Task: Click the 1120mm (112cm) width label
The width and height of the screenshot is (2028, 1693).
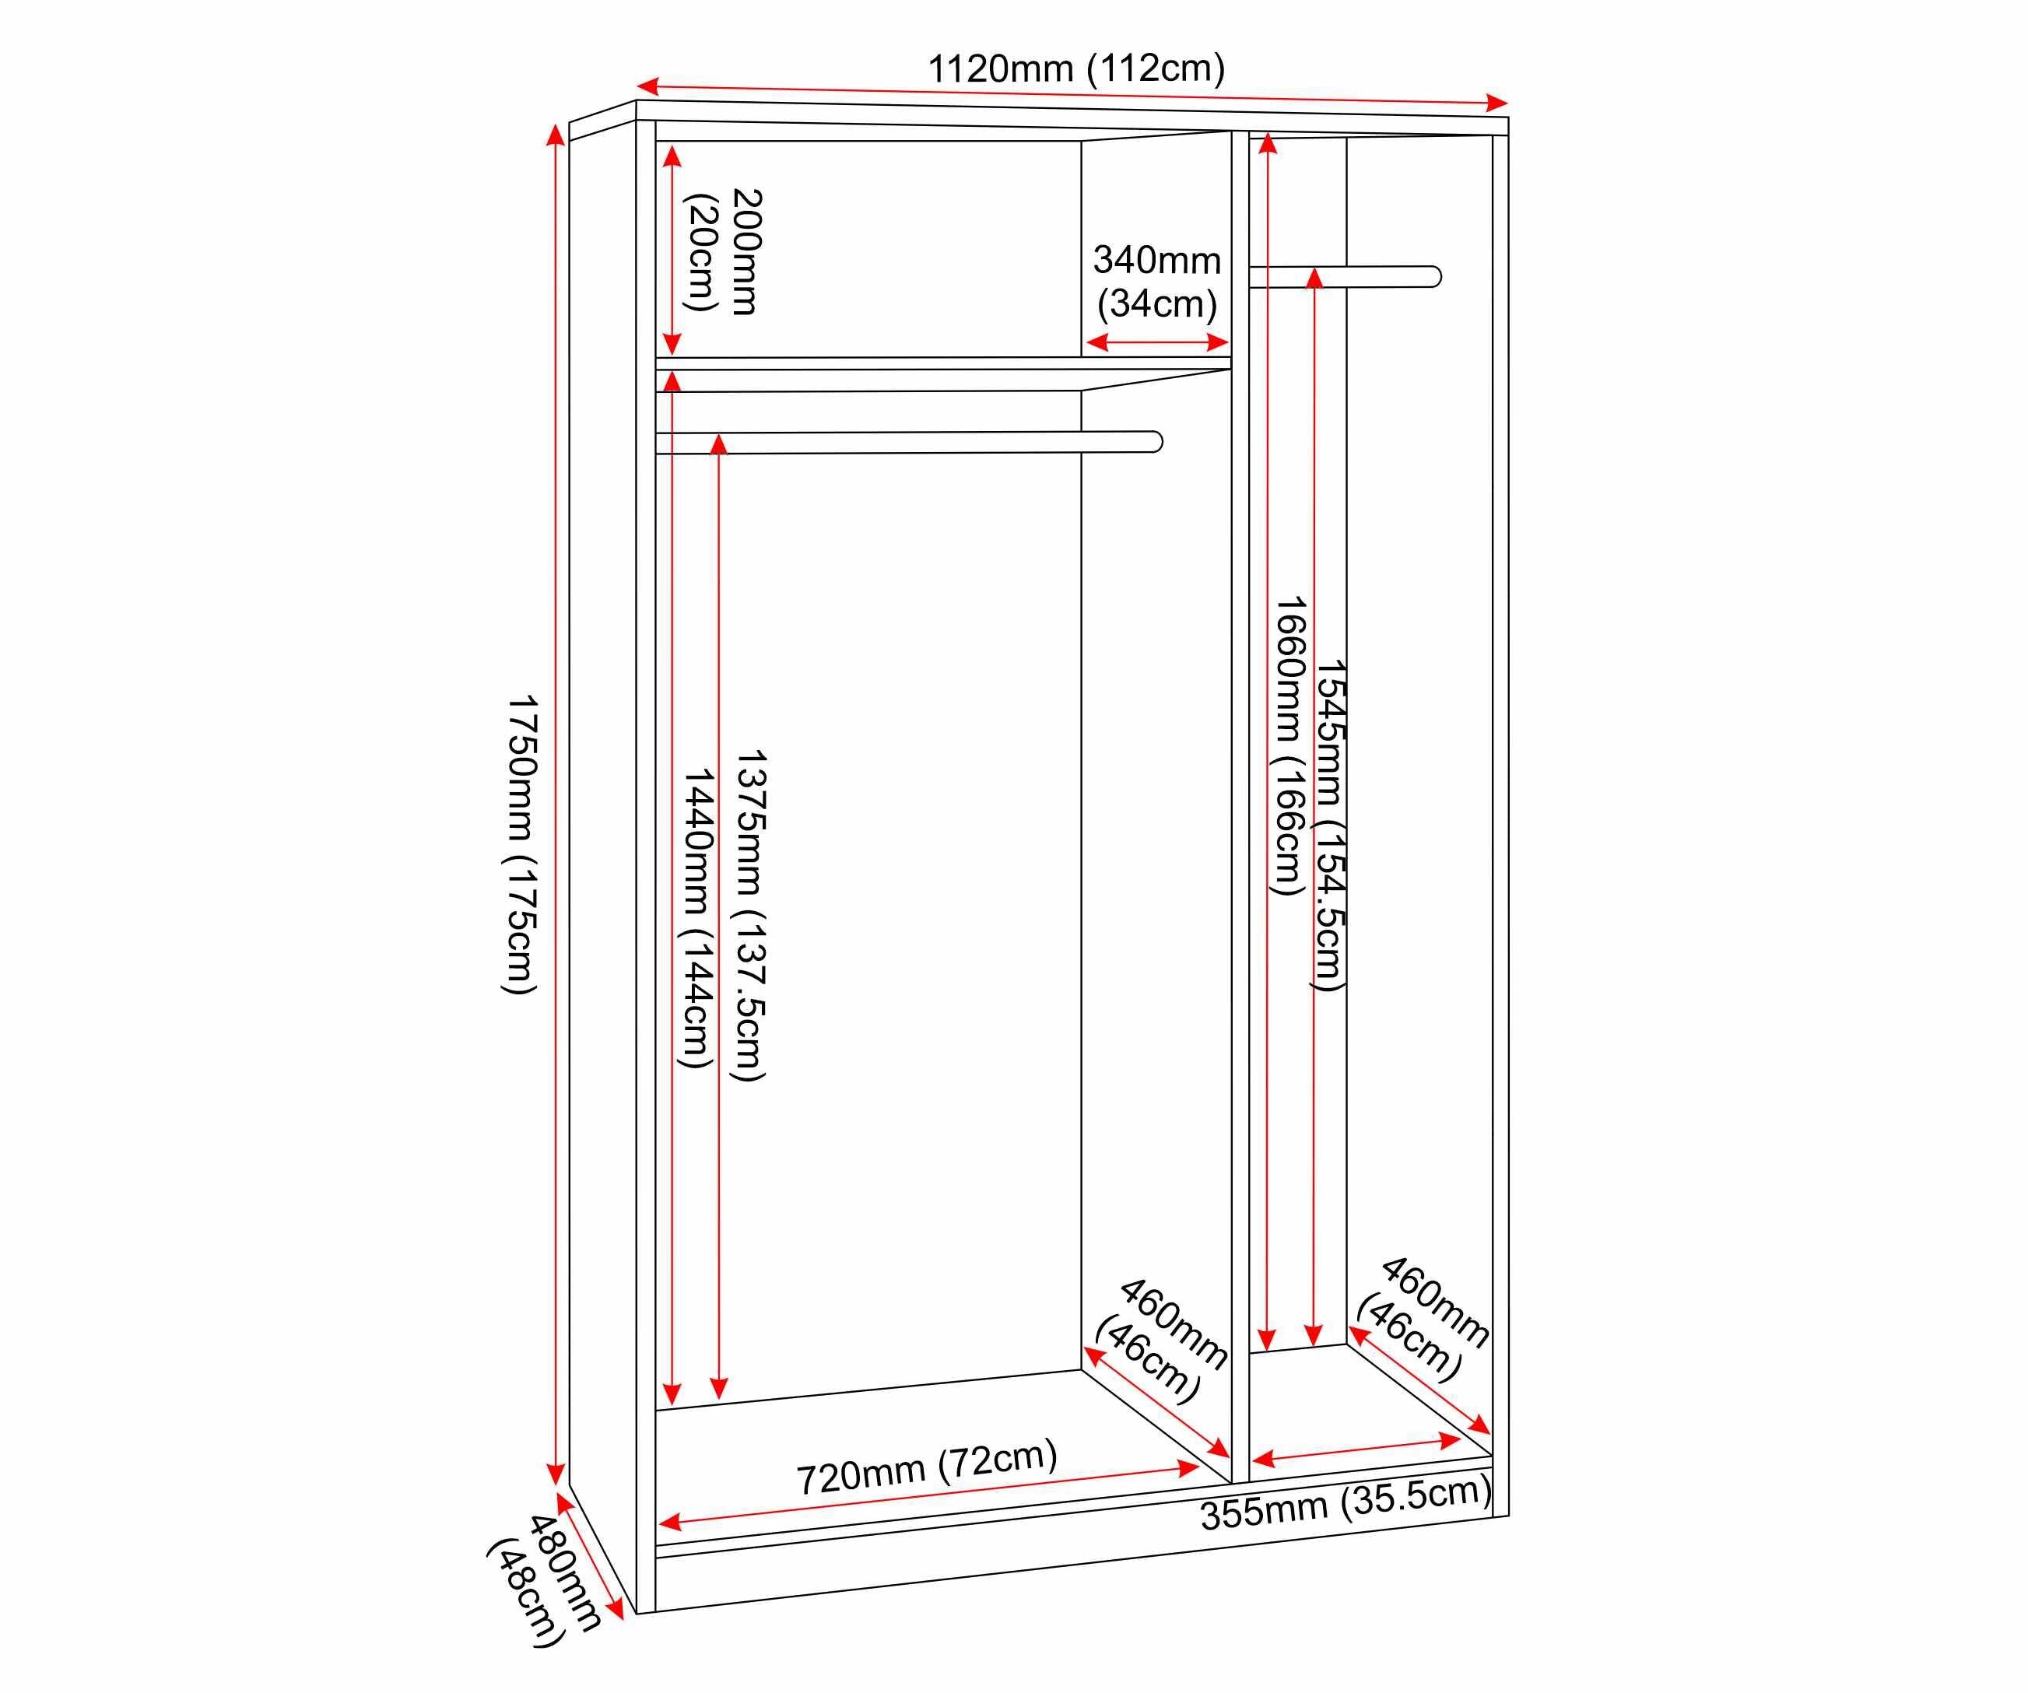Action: tap(1077, 68)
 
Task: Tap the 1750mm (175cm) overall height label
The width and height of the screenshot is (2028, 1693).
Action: tap(521, 843)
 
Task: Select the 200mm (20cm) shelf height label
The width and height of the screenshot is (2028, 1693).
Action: tap(723, 251)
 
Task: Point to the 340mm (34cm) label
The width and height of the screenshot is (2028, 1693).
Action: tap(1157, 281)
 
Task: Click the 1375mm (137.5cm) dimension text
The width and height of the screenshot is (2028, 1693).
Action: tap(750, 916)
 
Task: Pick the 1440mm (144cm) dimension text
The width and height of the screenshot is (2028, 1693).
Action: tap(696, 918)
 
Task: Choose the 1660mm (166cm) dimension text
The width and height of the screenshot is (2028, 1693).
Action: tap(1287, 745)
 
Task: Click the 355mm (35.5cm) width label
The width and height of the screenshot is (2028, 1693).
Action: tap(1346, 1505)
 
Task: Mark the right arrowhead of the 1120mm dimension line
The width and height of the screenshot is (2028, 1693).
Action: tap(1498, 103)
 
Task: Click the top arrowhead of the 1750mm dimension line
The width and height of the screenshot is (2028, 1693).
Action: tap(556, 135)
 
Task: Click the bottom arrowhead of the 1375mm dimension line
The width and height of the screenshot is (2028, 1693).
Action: tap(718, 1388)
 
